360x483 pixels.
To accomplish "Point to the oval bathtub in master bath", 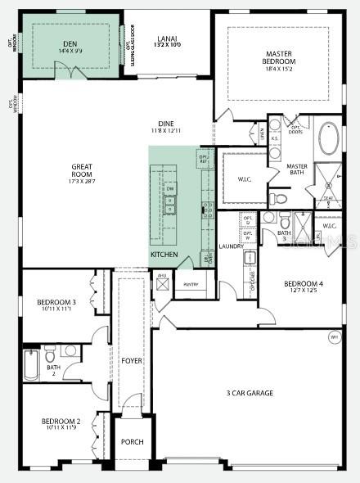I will pyautogui.click(x=328, y=139).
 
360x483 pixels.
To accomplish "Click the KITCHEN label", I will pyautogui.click(x=164, y=255).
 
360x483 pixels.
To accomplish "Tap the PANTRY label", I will pyautogui.click(x=191, y=284).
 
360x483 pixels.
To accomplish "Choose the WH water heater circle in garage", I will pyautogui.click(x=334, y=337).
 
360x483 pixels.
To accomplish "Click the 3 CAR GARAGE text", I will pyautogui.click(x=250, y=393).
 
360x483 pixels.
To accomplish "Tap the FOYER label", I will pyautogui.click(x=132, y=360).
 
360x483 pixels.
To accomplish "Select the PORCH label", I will pyautogui.click(x=133, y=442).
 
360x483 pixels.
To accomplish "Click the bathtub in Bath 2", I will pyautogui.click(x=31, y=365).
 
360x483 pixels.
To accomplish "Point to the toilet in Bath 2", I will pyautogui.click(x=50, y=354).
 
